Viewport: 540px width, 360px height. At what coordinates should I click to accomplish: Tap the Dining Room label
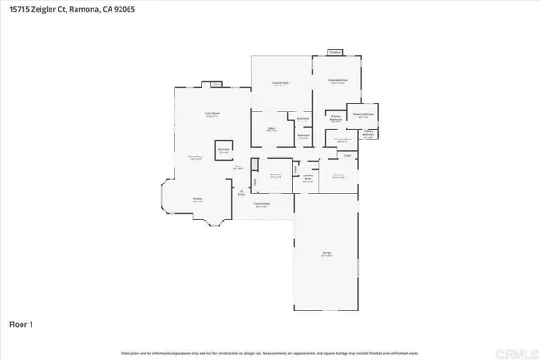click(193, 158)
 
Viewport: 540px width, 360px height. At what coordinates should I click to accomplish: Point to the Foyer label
click(239, 166)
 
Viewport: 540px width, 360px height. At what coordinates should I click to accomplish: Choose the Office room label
click(272, 130)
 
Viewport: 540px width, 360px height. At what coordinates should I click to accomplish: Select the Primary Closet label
click(342, 139)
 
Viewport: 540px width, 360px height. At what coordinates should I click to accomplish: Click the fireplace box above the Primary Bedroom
click(335, 52)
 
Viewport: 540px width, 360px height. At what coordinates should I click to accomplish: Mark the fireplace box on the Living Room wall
click(216, 85)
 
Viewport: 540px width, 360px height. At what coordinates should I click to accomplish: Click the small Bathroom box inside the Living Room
click(224, 150)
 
